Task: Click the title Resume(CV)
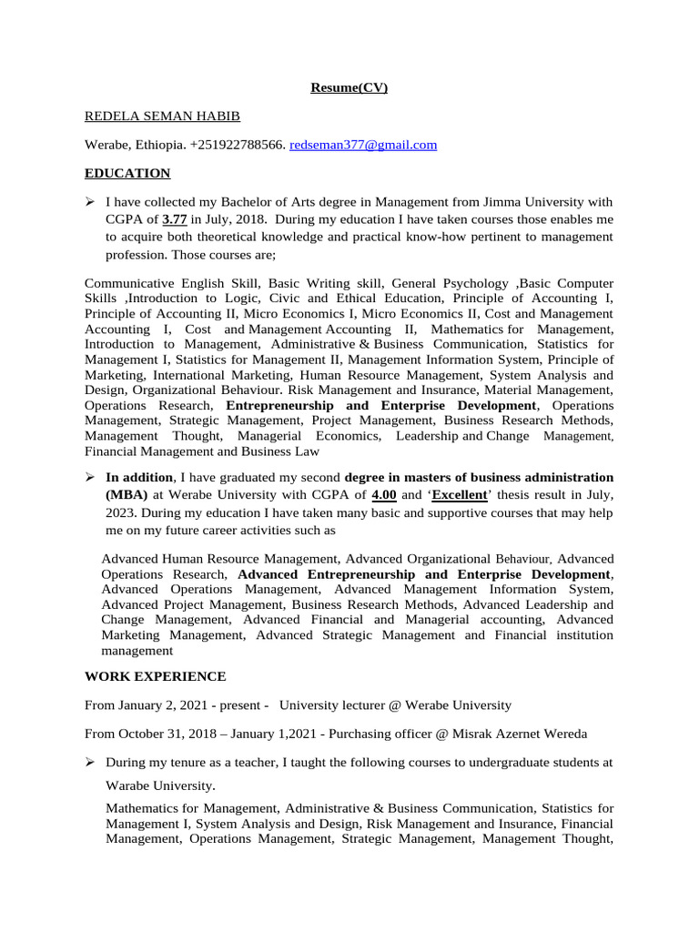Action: tap(350, 88)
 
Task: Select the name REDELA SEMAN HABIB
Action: tap(163, 116)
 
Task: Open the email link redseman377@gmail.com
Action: tap(363, 145)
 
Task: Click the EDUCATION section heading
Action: tap(127, 173)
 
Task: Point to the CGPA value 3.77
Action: tap(175, 219)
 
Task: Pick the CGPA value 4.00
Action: tap(383, 495)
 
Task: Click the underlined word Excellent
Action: tap(459, 495)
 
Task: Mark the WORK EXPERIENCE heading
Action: tap(155, 676)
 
